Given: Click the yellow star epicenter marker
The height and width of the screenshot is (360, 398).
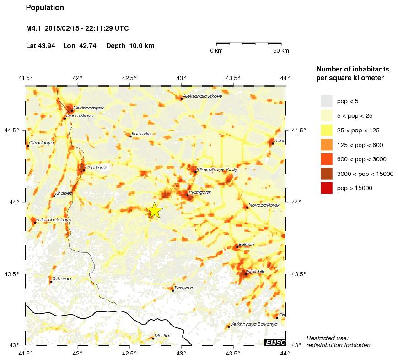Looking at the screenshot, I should pos(155,210).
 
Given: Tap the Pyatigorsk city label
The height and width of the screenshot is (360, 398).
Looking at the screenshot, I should pos(200,192).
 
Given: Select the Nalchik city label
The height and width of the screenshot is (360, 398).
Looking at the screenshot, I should pos(255,272).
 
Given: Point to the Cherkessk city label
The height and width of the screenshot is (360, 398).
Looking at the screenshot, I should pos(96,168).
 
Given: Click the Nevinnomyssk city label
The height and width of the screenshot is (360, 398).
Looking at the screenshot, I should pos(89,108).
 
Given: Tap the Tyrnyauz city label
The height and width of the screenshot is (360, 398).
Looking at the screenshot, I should pos(184,288).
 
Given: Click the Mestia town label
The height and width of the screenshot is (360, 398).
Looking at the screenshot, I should pos(161,335).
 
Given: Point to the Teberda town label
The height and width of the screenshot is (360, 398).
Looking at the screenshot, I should pos(62,278).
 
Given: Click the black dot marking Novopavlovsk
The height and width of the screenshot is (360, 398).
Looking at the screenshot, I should pos(247,207).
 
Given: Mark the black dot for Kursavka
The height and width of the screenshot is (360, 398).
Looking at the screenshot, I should pos(130,136).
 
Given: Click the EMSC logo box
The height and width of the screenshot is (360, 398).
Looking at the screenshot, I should pos(275,343).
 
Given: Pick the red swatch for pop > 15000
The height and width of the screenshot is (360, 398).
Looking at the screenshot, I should pos(326,188).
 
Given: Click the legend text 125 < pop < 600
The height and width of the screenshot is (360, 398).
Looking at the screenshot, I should pos(360,145).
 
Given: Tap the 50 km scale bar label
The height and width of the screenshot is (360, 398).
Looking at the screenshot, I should pos(281,51).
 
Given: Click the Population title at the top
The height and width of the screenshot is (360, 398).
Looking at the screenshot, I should pos(45,8).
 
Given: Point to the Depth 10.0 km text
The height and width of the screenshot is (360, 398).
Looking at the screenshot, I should pos(130,46).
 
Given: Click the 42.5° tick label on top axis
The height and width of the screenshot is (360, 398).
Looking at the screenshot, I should pos(129,78).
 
